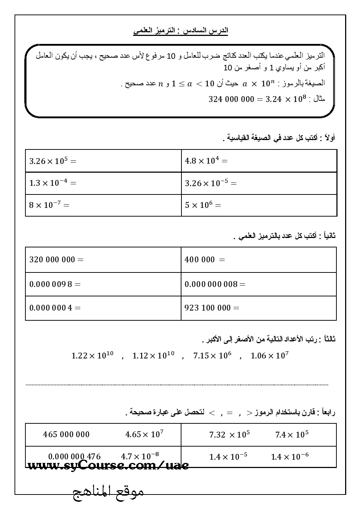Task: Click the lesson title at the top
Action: [x=180, y=30]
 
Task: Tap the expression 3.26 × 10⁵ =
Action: [x=53, y=161]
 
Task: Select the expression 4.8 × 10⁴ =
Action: [x=206, y=161]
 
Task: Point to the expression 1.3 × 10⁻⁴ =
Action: [x=53, y=183]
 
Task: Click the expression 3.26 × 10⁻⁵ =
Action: [x=210, y=183]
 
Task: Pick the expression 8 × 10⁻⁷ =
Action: [x=49, y=205]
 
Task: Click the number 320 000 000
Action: [x=52, y=260]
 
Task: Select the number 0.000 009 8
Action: [x=50, y=284]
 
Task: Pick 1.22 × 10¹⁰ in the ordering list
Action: [x=93, y=356]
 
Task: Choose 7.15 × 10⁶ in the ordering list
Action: [x=212, y=356]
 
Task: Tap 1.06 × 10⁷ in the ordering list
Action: [x=269, y=356]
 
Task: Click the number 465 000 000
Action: [x=66, y=434]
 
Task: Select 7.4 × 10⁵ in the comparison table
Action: [x=292, y=435]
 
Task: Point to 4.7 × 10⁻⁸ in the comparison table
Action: [x=140, y=456]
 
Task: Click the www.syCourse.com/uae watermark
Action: [x=108, y=465]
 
